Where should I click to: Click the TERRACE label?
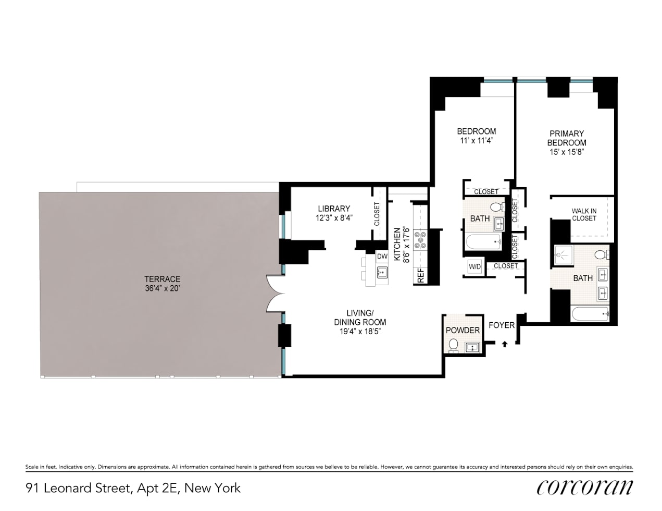(163, 279)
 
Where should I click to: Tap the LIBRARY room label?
(333, 209)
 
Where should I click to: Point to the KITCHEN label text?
(397, 244)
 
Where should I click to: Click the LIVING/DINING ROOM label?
(360, 317)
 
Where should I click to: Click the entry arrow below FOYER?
(504, 343)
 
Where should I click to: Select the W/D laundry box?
(474, 266)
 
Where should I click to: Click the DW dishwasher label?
(382, 257)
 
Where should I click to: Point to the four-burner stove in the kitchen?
(420, 240)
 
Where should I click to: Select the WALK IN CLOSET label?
(584, 214)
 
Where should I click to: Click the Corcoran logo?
(584, 487)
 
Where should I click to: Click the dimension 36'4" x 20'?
(163, 288)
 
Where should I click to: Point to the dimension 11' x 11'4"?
(476, 140)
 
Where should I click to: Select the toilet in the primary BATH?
(601, 254)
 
